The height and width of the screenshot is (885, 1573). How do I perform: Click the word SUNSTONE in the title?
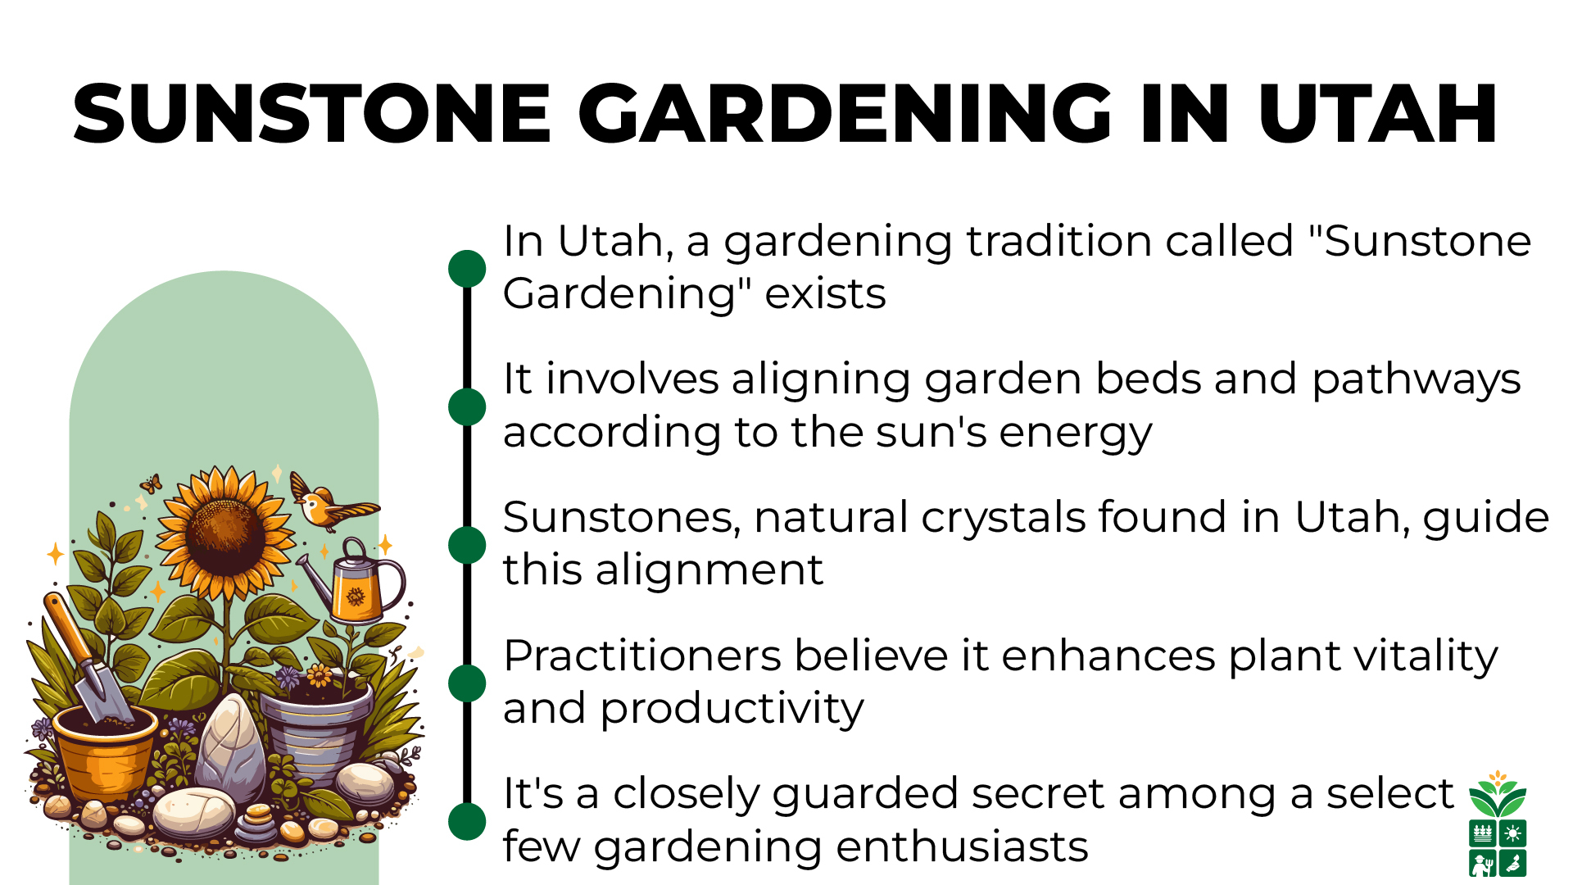click(x=312, y=115)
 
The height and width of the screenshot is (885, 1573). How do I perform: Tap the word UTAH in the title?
click(x=1377, y=115)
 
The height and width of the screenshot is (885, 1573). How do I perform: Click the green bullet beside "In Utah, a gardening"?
click(x=467, y=269)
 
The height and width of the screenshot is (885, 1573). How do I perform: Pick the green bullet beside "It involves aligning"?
click(x=467, y=406)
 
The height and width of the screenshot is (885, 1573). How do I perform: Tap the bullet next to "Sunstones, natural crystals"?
click(x=467, y=545)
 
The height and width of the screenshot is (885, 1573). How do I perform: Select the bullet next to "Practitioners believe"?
click(x=467, y=683)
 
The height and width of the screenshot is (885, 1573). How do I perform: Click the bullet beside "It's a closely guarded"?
click(x=467, y=821)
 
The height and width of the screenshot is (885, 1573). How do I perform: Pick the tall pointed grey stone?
click(x=232, y=746)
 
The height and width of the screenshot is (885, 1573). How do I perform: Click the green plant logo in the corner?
click(x=1497, y=824)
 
